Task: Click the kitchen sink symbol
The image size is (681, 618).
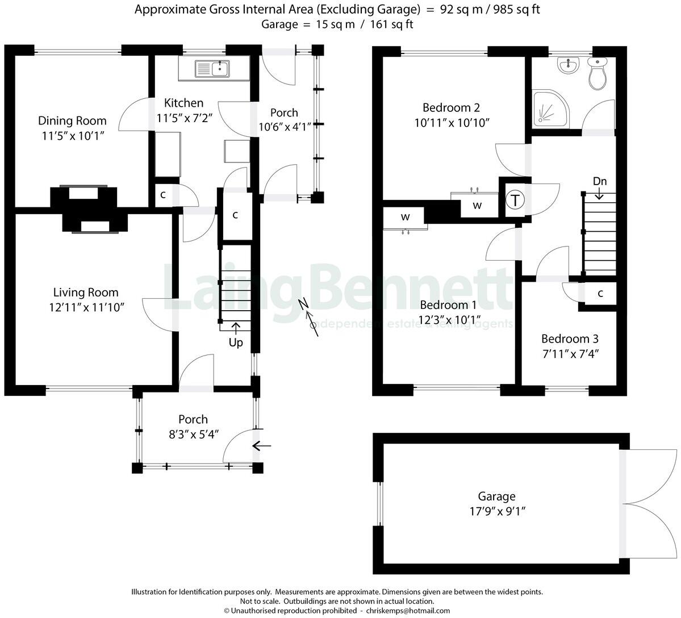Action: point(212,69)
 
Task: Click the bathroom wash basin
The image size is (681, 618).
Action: point(567,66)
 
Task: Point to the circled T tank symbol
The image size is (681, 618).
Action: point(515,200)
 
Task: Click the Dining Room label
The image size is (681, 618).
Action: point(72,120)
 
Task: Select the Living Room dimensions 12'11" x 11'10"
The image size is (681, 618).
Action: point(86,307)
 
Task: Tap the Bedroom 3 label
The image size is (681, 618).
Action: point(570,339)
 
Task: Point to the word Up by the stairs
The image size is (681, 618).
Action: point(236,343)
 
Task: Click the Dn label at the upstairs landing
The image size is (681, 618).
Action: point(600,181)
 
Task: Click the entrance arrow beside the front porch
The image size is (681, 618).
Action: point(261,446)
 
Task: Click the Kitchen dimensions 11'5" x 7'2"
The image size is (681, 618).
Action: point(183,118)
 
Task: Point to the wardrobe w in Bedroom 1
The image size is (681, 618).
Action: point(406,217)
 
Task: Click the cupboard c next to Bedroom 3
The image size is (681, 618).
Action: point(600,294)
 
